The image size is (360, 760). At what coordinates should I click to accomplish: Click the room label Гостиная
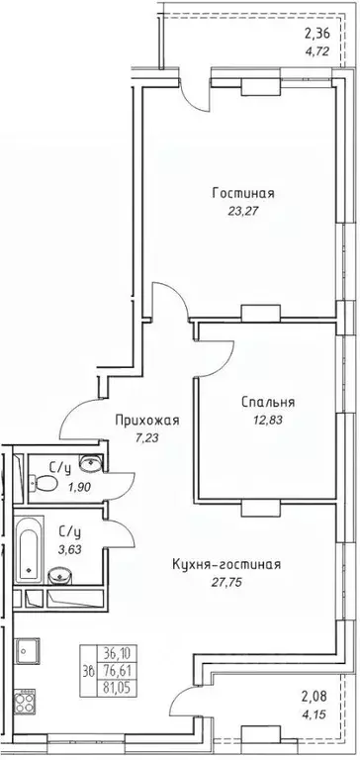243,193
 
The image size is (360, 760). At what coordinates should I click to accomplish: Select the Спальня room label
267,403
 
